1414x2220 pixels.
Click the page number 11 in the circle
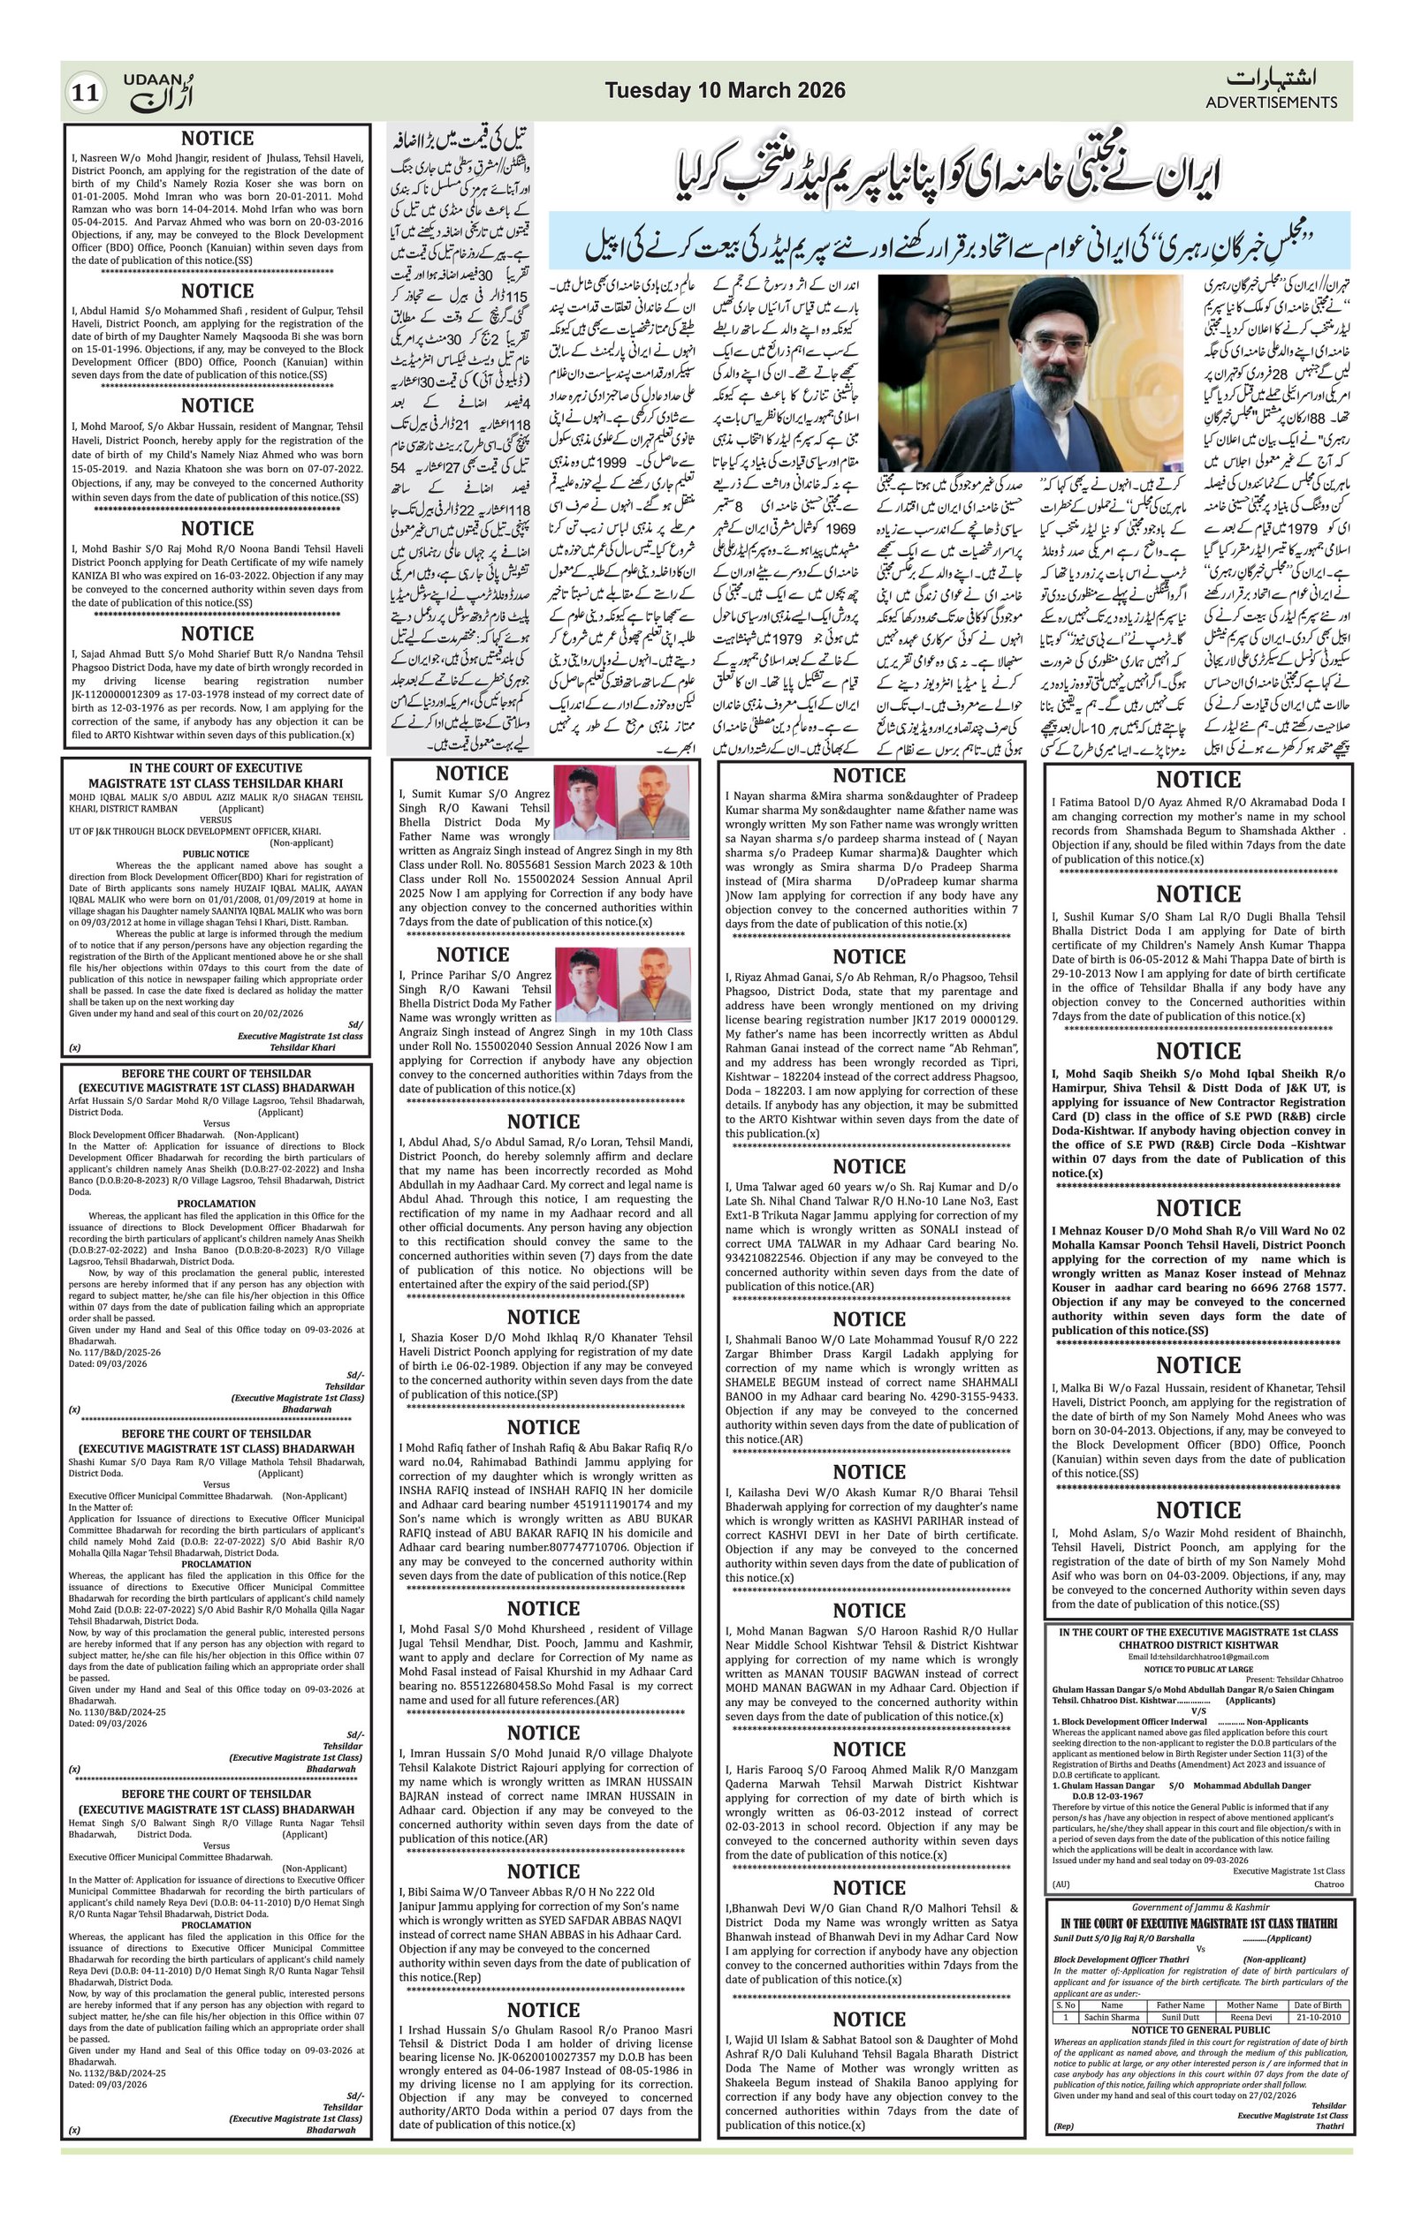[x=86, y=93]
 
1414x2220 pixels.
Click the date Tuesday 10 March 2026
[x=724, y=90]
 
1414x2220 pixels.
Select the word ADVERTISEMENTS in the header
[x=1271, y=103]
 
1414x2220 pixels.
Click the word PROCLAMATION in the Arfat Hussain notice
[x=216, y=1204]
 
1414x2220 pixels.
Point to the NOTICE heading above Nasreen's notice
[x=217, y=139]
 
